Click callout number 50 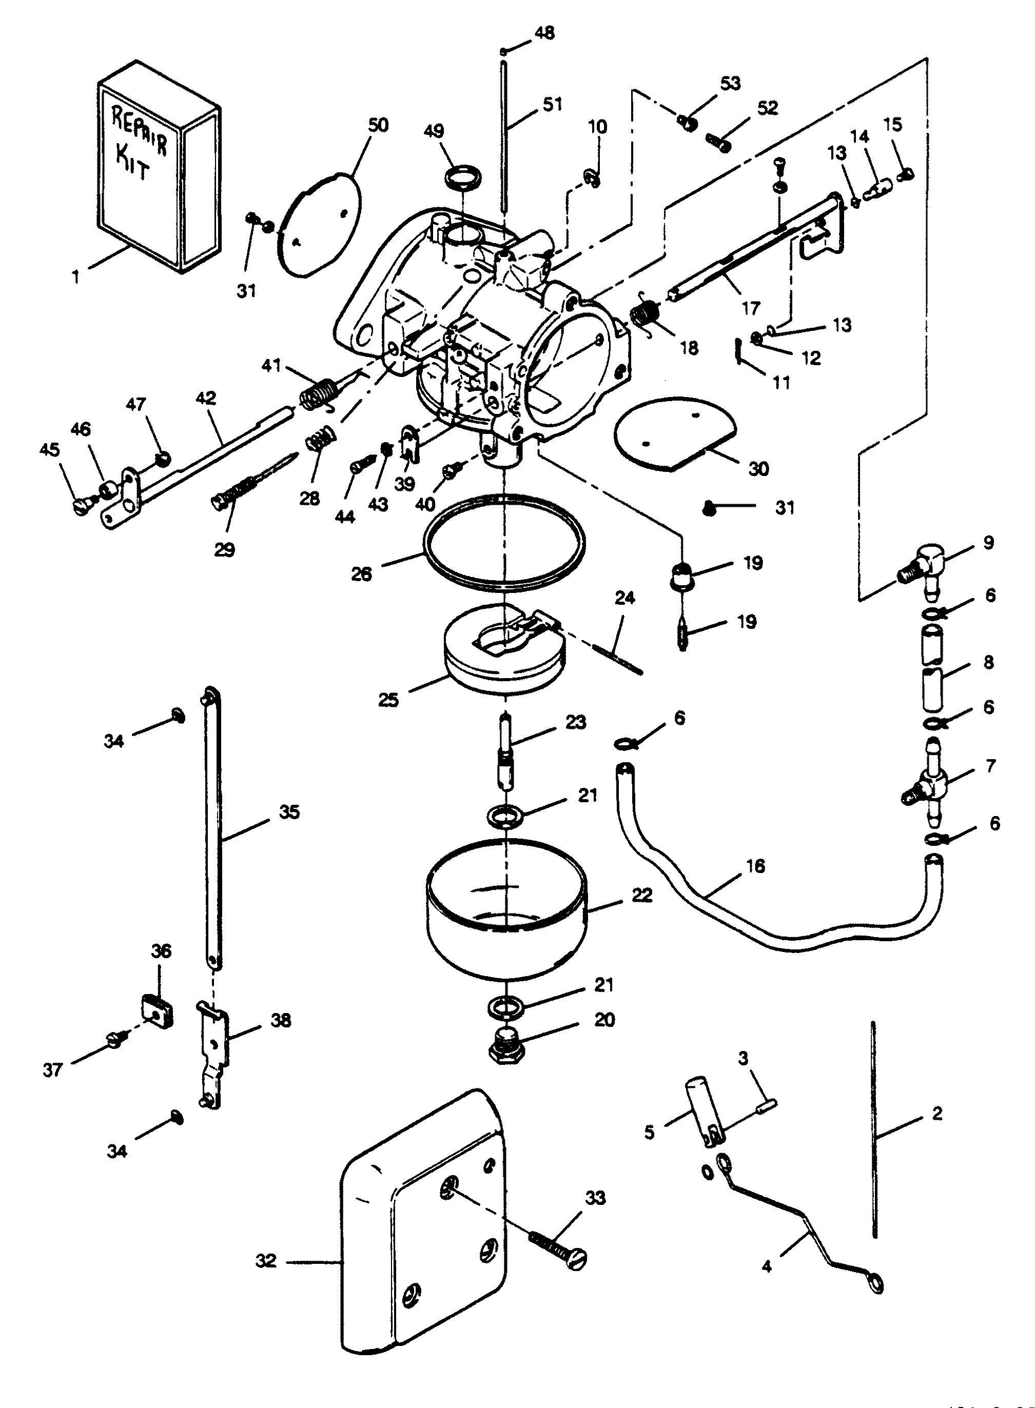point(378,125)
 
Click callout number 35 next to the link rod point(289,812)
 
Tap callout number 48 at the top point(545,32)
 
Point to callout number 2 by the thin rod point(936,1113)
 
